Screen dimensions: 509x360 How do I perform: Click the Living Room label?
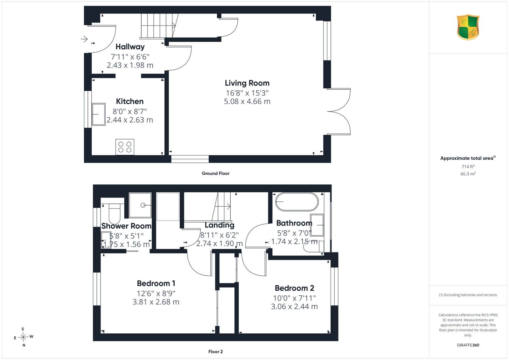[x=247, y=83]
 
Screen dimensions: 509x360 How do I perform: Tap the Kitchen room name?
[x=130, y=101]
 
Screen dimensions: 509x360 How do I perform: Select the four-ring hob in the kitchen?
[x=125, y=147]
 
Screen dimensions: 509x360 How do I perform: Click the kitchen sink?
[x=99, y=114]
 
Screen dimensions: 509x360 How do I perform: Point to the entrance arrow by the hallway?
[x=84, y=39]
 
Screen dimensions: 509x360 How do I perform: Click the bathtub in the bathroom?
[x=297, y=202]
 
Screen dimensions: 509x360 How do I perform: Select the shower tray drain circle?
[x=143, y=205]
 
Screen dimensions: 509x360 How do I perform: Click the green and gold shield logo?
[x=468, y=27]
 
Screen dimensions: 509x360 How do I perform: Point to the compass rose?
[x=24, y=337]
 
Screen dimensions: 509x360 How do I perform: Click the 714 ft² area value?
[x=468, y=167]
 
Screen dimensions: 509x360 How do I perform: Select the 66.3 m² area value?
[x=468, y=174]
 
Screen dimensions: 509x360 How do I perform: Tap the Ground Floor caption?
[x=215, y=174]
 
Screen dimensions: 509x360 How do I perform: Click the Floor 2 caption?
[x=215, y=352]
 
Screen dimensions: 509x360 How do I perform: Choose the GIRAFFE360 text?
[x=468, y=345]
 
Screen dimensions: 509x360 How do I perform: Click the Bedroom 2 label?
[x=295, y=288]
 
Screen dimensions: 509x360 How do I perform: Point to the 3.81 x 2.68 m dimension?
[x=156, y=302]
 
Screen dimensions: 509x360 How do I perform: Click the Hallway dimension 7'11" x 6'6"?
[x=130, y=57]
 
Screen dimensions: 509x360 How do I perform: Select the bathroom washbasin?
[x=317, y=225]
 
